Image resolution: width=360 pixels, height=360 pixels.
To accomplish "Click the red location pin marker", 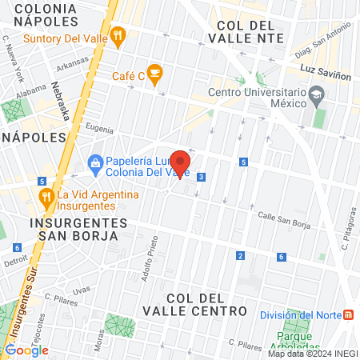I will click(180, 164).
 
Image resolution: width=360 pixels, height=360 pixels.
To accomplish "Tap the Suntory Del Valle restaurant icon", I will click(118, 35).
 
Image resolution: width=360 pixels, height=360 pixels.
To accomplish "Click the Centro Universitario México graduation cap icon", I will click(317, 96).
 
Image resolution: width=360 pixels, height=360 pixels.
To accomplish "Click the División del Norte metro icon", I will click(349, 314).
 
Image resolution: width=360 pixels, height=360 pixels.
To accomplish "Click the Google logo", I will click(26, 350).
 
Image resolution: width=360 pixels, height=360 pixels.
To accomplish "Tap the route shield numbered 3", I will click(202, 177).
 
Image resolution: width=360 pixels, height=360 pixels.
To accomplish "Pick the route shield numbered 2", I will click(240, 255).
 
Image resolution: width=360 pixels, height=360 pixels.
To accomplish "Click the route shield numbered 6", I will click(281, 257).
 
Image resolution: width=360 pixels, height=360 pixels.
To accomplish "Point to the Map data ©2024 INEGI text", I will click(312, 354).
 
